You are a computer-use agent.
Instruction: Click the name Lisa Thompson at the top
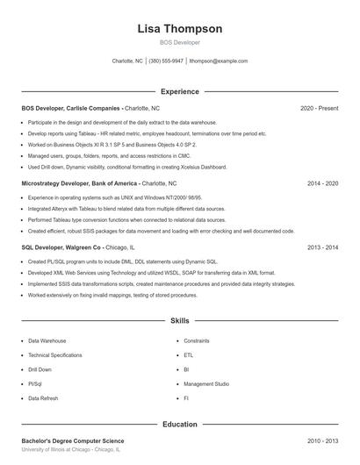(180, 28)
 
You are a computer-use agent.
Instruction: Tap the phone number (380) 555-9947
(166, 61)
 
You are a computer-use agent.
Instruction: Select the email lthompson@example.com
(219, 61)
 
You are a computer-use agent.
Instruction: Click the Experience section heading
(180, 91)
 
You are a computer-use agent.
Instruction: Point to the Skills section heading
(180, 322)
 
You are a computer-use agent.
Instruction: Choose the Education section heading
(180, 425)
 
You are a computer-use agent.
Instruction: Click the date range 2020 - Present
(319, 108)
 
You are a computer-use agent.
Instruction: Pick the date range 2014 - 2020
(322, 184)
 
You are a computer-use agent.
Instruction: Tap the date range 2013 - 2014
(322, 248)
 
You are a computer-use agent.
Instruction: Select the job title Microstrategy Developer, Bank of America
(81, 184)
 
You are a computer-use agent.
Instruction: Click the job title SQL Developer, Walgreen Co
(61, 248)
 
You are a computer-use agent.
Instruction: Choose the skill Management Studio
(206, 384)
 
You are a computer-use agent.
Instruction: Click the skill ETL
(188, 355)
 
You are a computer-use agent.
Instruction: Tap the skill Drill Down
(40, 369)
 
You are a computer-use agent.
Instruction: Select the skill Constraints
(197, 340)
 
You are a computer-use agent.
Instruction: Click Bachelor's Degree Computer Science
(73, 440)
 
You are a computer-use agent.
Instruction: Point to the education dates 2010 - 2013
(322, 440)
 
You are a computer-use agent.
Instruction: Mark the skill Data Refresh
(44, 398)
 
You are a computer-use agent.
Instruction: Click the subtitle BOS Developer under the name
(180, 42)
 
